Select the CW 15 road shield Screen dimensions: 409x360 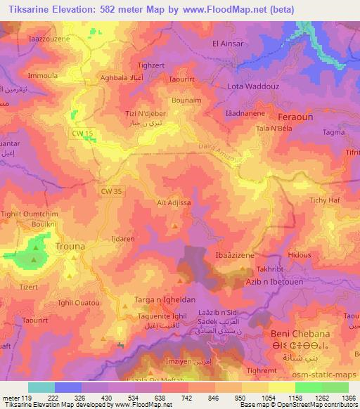coord(82,132)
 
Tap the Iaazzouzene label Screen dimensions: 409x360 coord(50,39)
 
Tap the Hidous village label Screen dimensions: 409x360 coord(300,256)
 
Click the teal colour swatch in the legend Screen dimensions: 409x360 coord(41,387)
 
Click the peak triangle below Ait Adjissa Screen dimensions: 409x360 coord(175,225)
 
